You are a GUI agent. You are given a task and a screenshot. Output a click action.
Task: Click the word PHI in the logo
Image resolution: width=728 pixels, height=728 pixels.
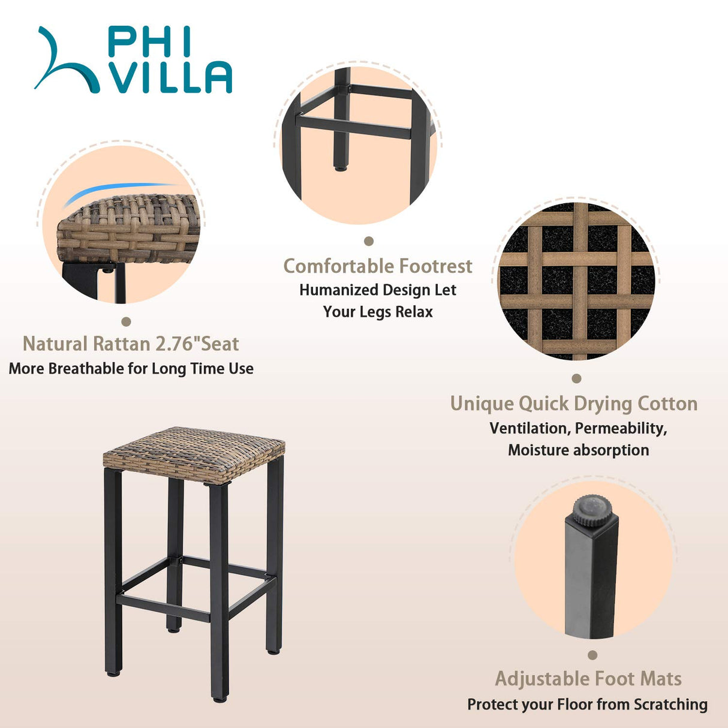point(149,43)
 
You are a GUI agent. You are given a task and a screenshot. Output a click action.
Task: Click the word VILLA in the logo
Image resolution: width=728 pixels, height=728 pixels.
point(172,77)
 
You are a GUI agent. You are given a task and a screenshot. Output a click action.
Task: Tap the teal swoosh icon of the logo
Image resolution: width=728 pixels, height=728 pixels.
point(67,61)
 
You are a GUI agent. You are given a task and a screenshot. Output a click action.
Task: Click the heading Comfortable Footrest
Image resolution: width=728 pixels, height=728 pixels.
point(378,266)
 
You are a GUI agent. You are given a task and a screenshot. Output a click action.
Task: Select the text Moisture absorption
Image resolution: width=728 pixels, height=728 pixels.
point(579,450)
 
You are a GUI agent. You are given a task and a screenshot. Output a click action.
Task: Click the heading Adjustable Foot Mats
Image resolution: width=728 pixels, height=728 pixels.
point(588,679)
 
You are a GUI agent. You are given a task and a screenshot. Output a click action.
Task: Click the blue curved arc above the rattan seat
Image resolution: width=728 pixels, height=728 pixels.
point(121,189)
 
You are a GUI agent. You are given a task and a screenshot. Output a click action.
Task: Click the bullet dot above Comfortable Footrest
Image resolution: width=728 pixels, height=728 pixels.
point(369,241)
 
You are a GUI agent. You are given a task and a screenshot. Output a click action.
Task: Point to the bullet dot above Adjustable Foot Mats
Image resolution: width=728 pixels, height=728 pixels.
point(592,655)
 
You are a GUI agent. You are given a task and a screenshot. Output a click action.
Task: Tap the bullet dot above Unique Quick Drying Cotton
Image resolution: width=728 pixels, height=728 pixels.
point(576,378)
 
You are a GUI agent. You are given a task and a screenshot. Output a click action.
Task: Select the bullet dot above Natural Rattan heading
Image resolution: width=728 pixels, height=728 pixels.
point(126,322)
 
